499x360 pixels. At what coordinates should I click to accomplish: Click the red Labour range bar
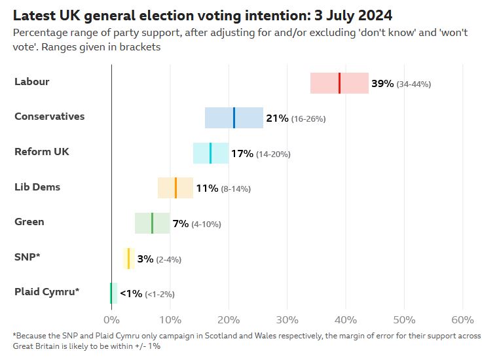(339, 83)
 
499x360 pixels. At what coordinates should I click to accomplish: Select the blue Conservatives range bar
(234, 118)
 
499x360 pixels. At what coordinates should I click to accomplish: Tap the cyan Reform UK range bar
(211, 153)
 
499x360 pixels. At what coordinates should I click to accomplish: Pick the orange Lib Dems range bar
(176, 188)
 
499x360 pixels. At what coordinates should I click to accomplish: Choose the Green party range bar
(153, 223)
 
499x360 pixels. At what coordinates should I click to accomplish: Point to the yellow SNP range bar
(129, 259)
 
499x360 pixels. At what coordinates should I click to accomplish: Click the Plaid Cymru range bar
(113, 293)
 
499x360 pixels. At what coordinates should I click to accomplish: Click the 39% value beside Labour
(382, 84)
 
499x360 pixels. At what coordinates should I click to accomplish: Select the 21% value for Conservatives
(277, 118)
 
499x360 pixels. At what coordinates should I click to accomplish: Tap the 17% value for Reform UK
(242, 154)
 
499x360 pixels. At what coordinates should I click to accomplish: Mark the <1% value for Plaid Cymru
(130, 294)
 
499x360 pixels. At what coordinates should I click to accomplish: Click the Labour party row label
(31, 82)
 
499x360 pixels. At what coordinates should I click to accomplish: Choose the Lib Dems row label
(37, 187)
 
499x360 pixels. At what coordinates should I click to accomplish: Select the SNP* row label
(28, 257)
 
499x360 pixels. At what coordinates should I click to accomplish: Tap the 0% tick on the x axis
(111, 319)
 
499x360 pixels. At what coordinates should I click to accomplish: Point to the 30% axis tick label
(287, 319)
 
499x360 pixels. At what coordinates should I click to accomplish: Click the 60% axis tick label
(462, 319)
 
